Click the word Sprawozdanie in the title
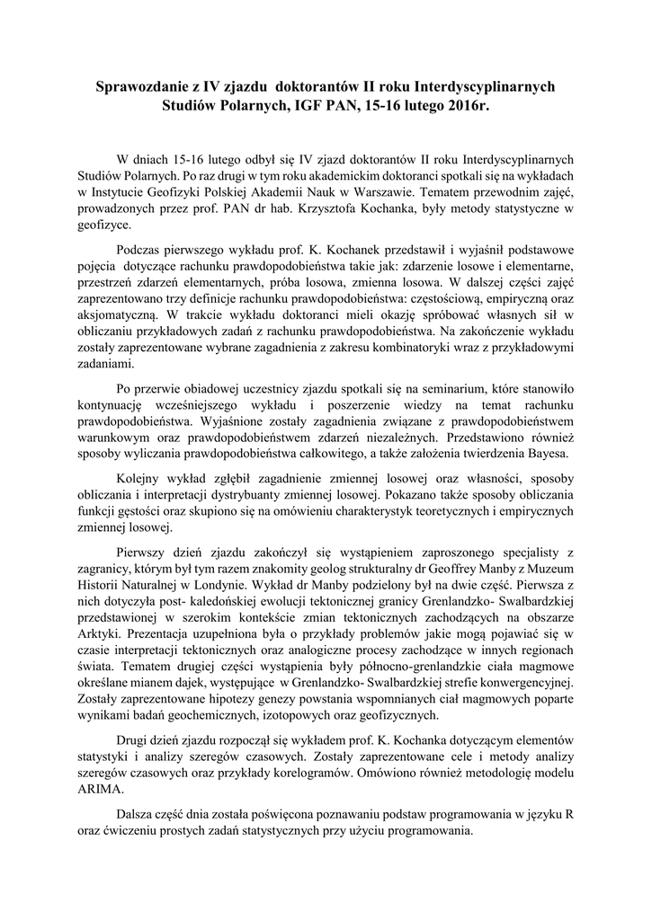143,87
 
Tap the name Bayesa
562,455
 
